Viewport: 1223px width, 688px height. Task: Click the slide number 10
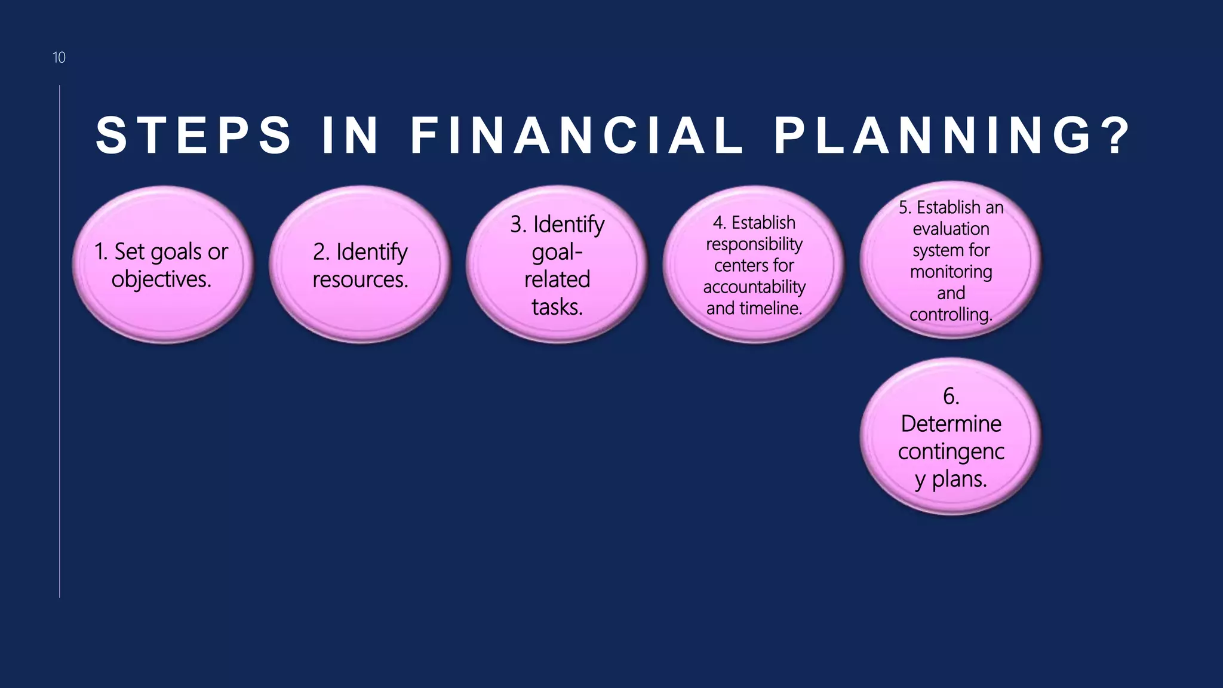pos(59,57)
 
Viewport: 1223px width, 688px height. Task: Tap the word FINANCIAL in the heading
pos(577,136)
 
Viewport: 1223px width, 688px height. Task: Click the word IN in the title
pos(351,136)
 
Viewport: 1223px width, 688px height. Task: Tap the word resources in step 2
pos(360,279)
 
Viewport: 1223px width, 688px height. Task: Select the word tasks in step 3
pos(557,307)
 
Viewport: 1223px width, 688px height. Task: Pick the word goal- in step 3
pos(557,252)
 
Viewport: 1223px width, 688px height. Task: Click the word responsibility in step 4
pos(754,244)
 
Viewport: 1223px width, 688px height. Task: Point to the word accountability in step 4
pos(754,287)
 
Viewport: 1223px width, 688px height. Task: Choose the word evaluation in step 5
pos(951,229)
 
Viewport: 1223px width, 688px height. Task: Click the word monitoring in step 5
pos(951,272)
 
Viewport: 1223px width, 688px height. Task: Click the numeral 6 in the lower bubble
pos(948,396)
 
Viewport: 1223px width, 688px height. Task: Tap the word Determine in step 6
pos(951,423)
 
